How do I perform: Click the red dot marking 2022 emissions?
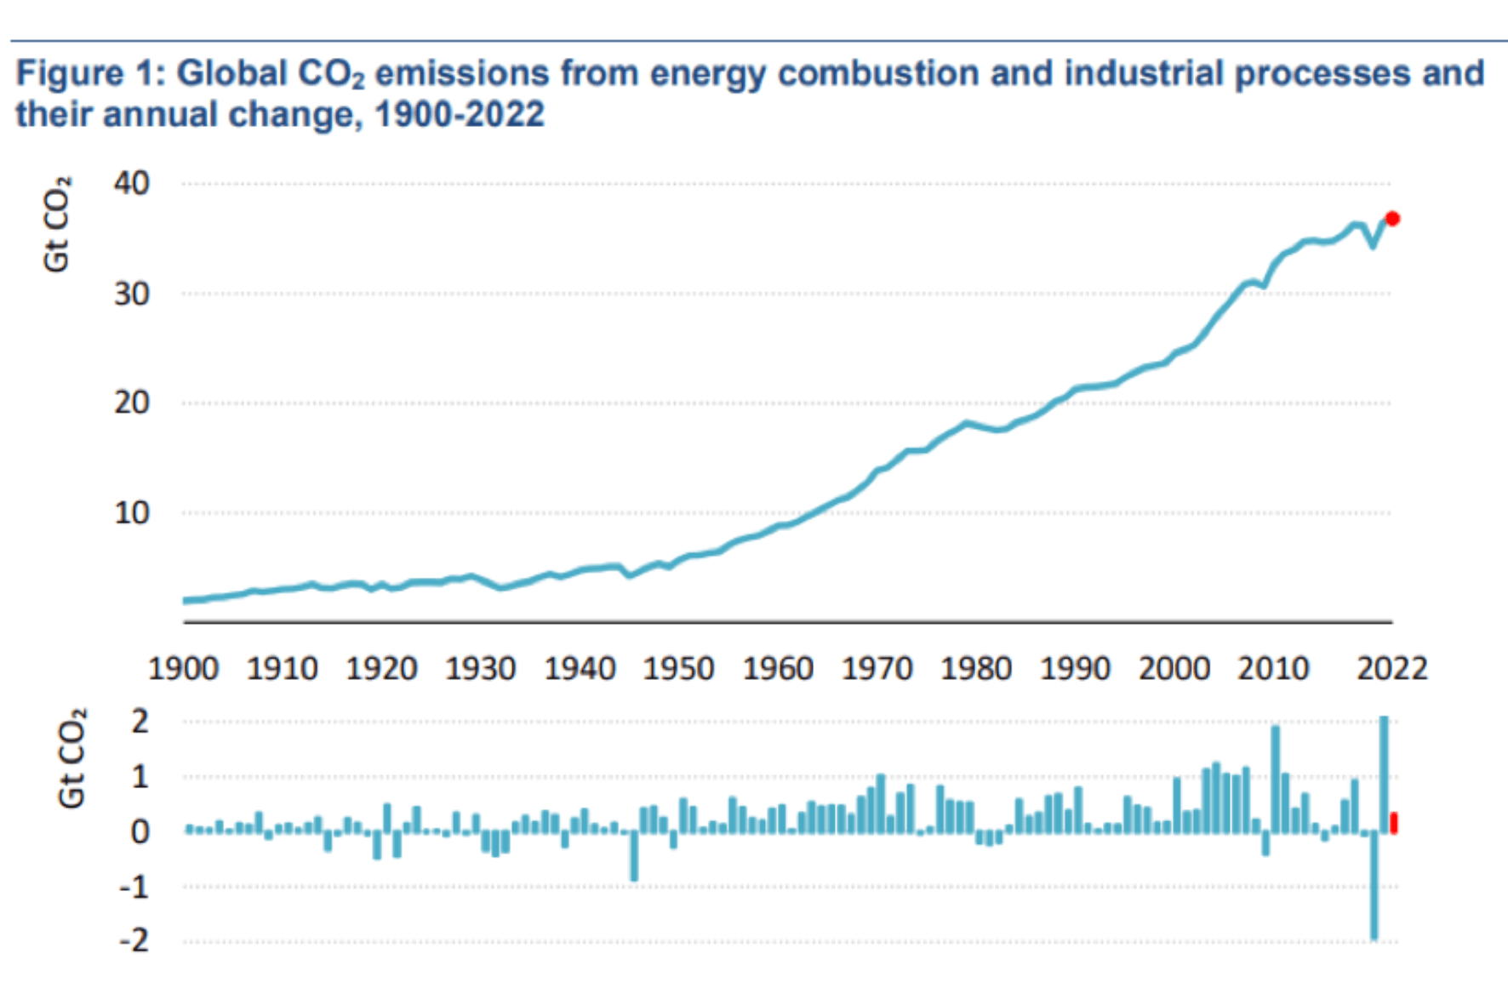[x=1392, y=219]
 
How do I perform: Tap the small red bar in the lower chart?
[x=1394, y=822]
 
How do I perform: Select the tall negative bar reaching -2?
[x=1374, y=885]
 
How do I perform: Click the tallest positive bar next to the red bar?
[x=1384, y=774]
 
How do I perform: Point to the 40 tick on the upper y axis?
[x=131, y=183]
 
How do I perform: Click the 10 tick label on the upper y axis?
[x=131, y=513]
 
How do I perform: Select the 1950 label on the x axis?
[x=678, y=669]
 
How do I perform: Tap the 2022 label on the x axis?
[x=1391, y=669]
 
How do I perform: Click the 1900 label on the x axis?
[x=184, y=669]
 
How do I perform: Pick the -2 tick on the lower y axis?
[x=134, y=941]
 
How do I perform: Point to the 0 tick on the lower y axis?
[x=140, y=831]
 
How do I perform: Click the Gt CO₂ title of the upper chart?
[x=57, y=225]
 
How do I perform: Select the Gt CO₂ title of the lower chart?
[x=72, y=757]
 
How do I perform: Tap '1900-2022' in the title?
[x=460, y=114]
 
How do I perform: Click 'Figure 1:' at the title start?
[x=90, y=73]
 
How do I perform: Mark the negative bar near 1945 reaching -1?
[x=634, y=855]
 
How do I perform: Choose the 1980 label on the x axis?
[x=976, y=669]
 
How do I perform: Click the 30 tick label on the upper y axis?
[x=131, y=294]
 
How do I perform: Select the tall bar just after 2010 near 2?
[x=1275, y=779]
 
